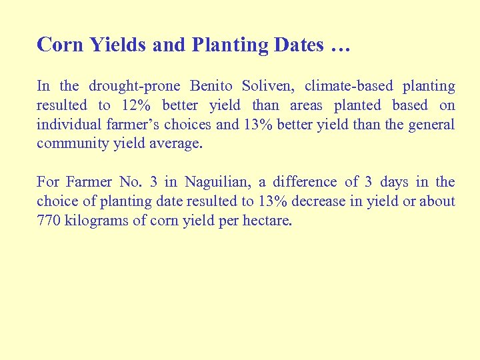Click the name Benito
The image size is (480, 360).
coord(212,86)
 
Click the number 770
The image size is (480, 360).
coord(48,221)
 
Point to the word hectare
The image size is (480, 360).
coord(267,221)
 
